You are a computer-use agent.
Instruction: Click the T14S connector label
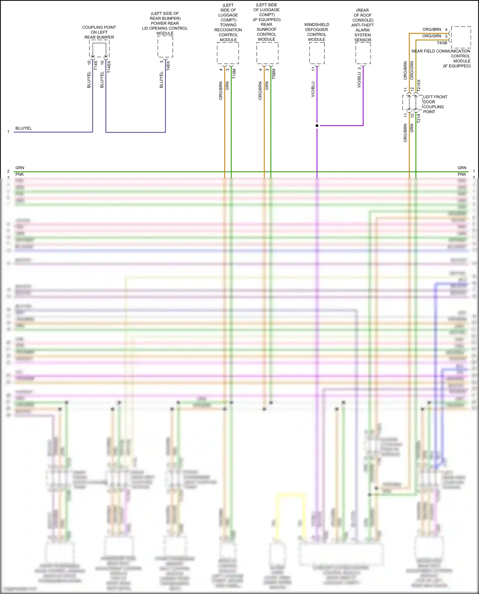coord(95,65)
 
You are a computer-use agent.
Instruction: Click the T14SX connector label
coord(109,67)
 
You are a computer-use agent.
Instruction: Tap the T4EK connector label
coord(168,65)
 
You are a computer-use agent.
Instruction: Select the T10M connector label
coord(234,74)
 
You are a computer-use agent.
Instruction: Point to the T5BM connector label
coord(274,74)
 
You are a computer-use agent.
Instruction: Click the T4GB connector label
coord(442,43)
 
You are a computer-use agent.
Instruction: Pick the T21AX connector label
coord(419,86)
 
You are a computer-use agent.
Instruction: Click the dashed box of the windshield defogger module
coord(317,53)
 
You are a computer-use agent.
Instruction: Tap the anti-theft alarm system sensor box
coord(363,53)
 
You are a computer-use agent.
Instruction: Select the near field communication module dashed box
coord(461,37)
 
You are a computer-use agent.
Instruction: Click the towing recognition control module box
coord(228,53)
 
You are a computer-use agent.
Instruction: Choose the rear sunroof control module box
coord(267,53)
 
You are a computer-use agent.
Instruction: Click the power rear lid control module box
coord(165,47)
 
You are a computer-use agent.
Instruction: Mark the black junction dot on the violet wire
coord(317,125)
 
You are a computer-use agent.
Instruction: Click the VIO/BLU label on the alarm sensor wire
coord(359,80)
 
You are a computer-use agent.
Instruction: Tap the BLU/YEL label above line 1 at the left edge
coord(24,128)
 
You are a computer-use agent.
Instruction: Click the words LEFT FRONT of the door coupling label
coord(435,97)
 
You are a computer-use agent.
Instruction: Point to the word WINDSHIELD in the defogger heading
coord(316,25)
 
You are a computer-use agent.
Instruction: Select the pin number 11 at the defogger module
coord(313,69)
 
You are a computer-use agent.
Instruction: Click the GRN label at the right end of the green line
coord(462,168)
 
